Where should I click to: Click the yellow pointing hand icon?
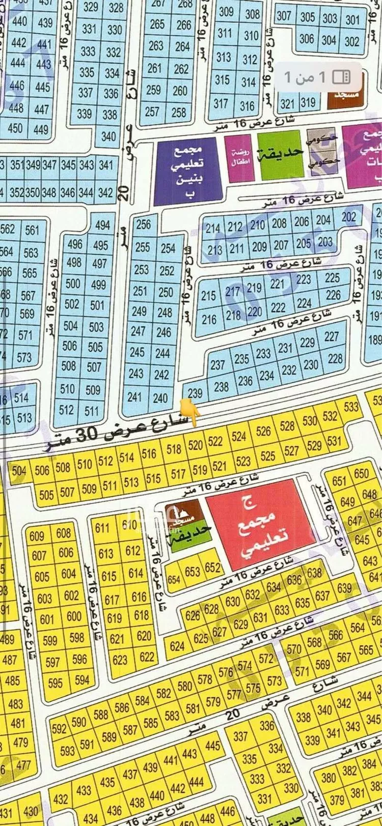pyautogui.click(x=190, y=412)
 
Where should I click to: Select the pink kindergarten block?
pyautogui.click(x=239, y=158)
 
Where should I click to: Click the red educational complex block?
pyautogui.click(x=261, y=524)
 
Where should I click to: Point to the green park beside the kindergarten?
pyautogui.click(x=281, y=154)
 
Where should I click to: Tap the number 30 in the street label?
pyautogui.click(x=89, y=435)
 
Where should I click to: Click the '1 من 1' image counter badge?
pyautogui.click(x=318, y=77)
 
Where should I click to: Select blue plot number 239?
pyautogui.click(x=195, y=393)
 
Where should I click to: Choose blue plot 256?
pyautogui.click(x=144, y=224)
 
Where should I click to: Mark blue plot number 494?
pyautogui.click(x=102, y=225)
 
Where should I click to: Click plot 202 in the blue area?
pyautogui.click(x=349, y=217)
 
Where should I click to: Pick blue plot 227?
pyautogui.click(x=331, y=336)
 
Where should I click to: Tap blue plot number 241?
pyautogui.click(x=134, y=397)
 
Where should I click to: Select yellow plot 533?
pyautogui.click(x=351, y=407)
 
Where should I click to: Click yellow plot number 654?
pyautogui.click(x=174, y=579)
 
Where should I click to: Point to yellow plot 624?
pyautogui.click(x=177, y=646)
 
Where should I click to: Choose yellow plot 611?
pyautogui.click(x=102, y=528)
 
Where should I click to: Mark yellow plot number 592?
pyautogui.click(x=59, y=728)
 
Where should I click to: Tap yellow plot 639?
pyautogui.click(x=344, y=588)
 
